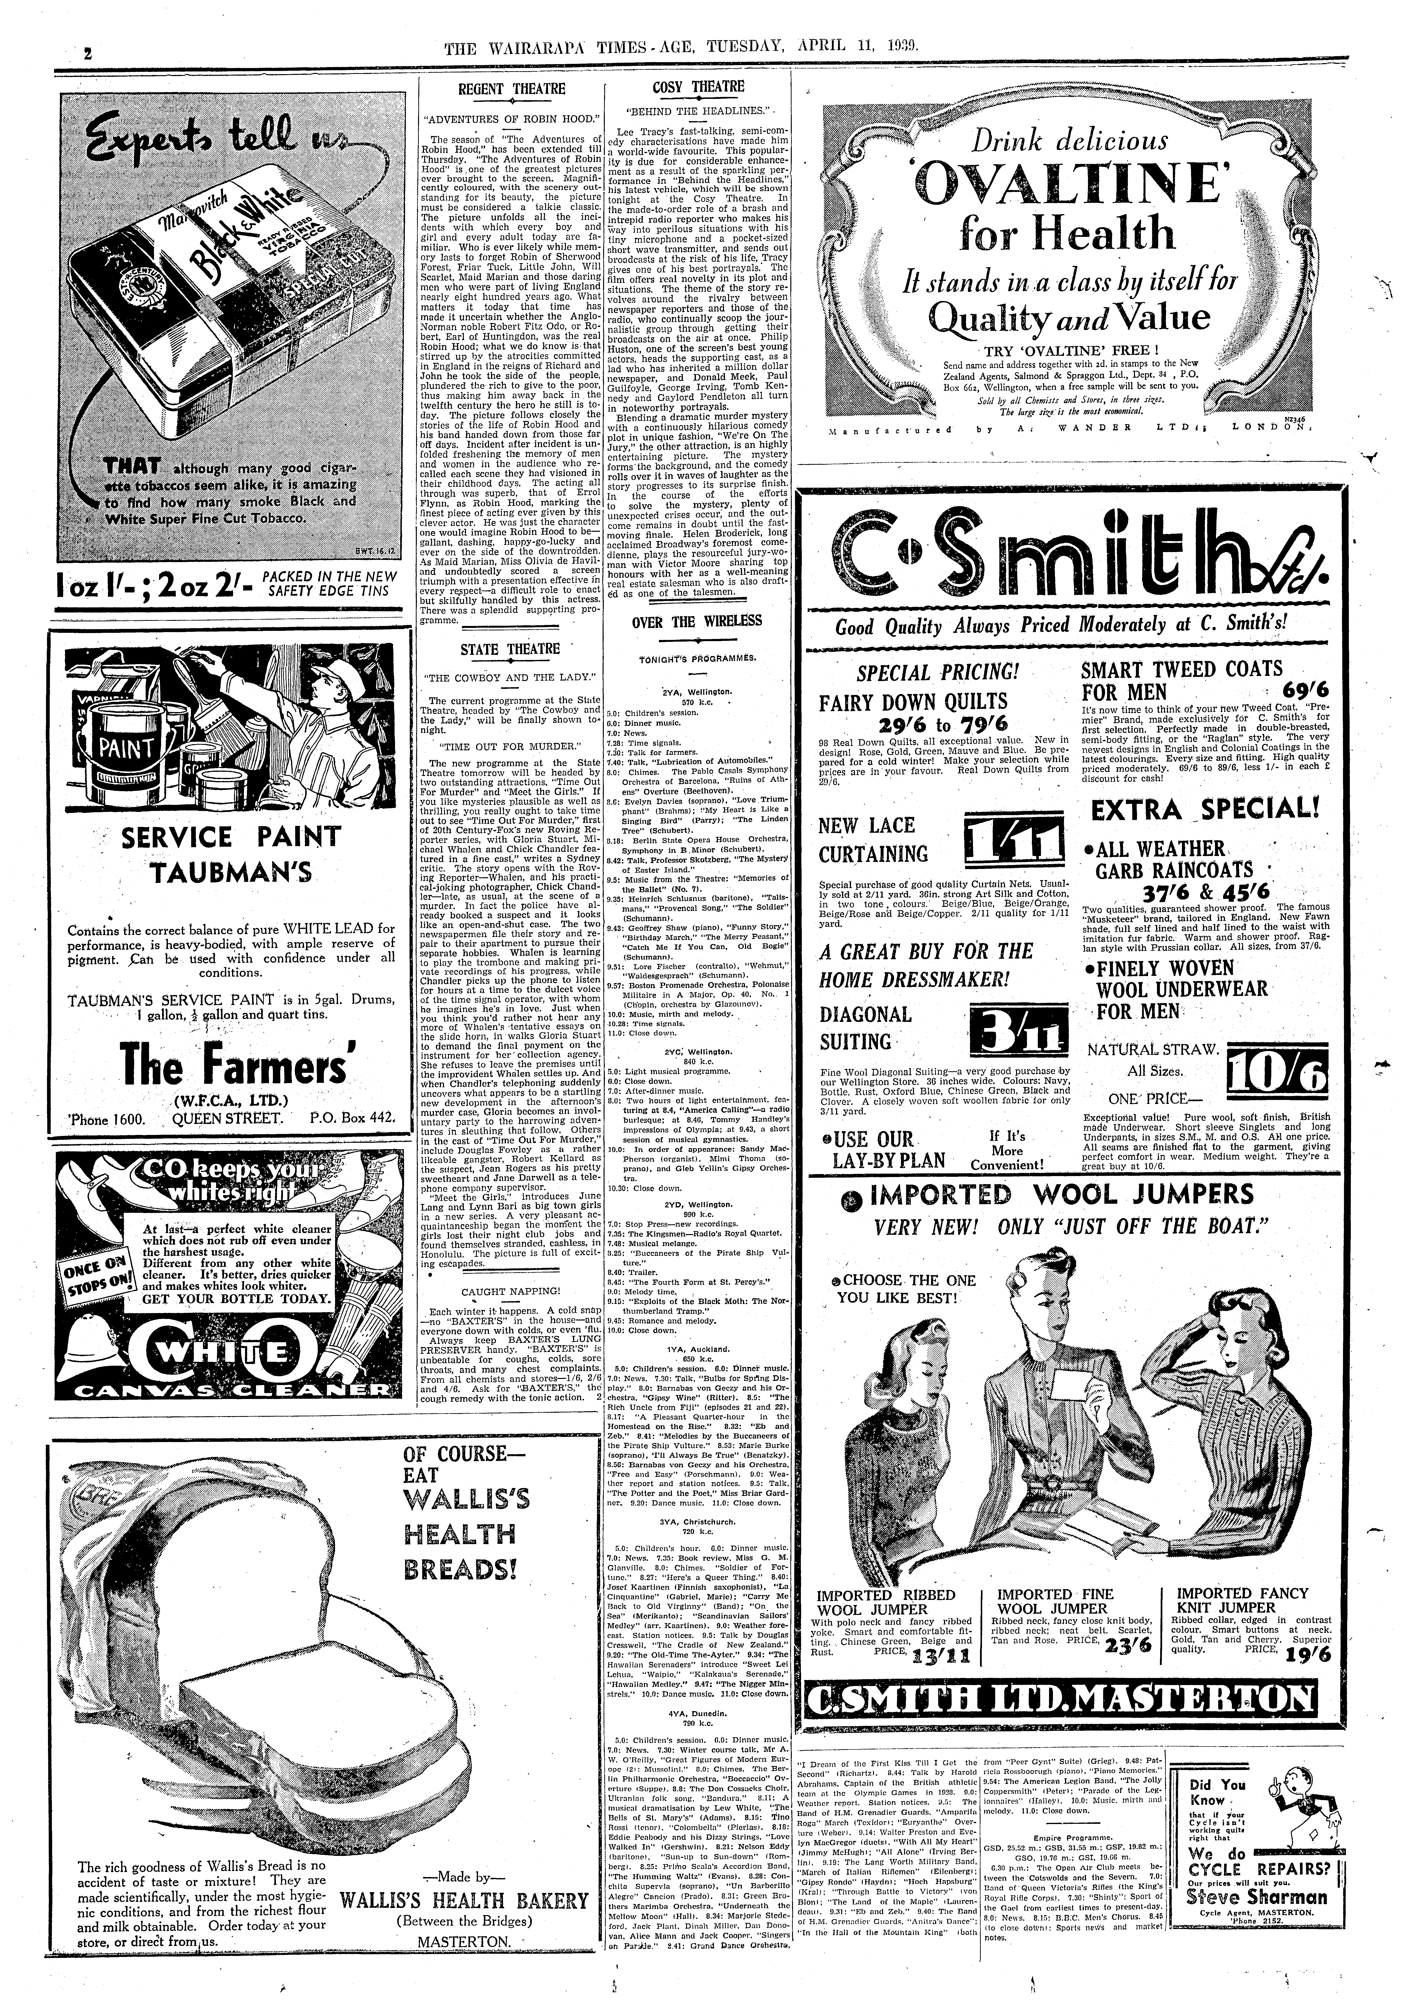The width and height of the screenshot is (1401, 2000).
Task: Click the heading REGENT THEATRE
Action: [x=512, y=88]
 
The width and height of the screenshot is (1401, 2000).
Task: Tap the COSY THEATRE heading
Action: [x=698, y=86]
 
